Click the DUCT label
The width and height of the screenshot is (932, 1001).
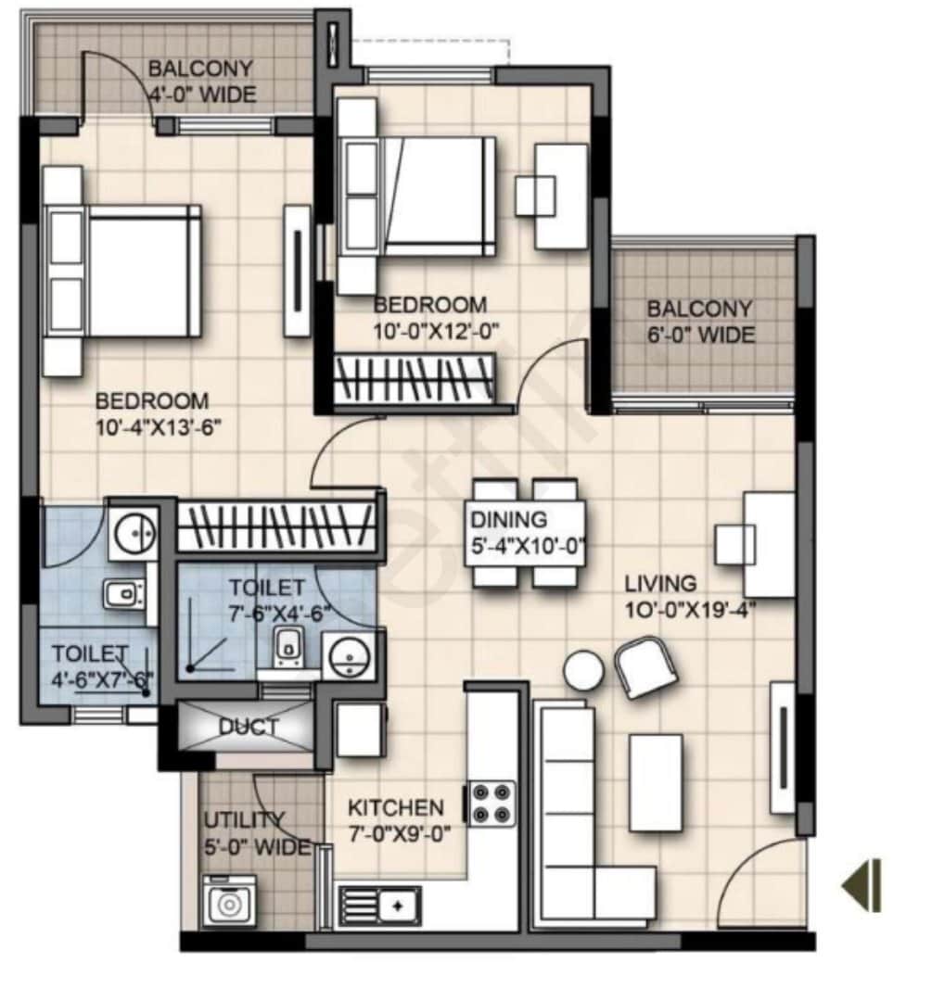[x=248, y=728]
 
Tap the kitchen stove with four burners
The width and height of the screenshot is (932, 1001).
[x=491, y=803]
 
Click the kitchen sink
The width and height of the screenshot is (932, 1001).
[x=381, y=903]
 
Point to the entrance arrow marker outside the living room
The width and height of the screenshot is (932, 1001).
[x=862, y=885]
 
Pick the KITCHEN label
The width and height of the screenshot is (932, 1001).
[x=396, y=807]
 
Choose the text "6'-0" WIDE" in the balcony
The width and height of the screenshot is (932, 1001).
[x=701, y=335]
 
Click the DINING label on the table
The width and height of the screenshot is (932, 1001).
[x=508, y=520]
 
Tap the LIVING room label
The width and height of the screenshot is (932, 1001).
[x=660, y=584]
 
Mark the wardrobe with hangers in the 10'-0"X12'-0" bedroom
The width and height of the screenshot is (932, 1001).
[x=415, y=380]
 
